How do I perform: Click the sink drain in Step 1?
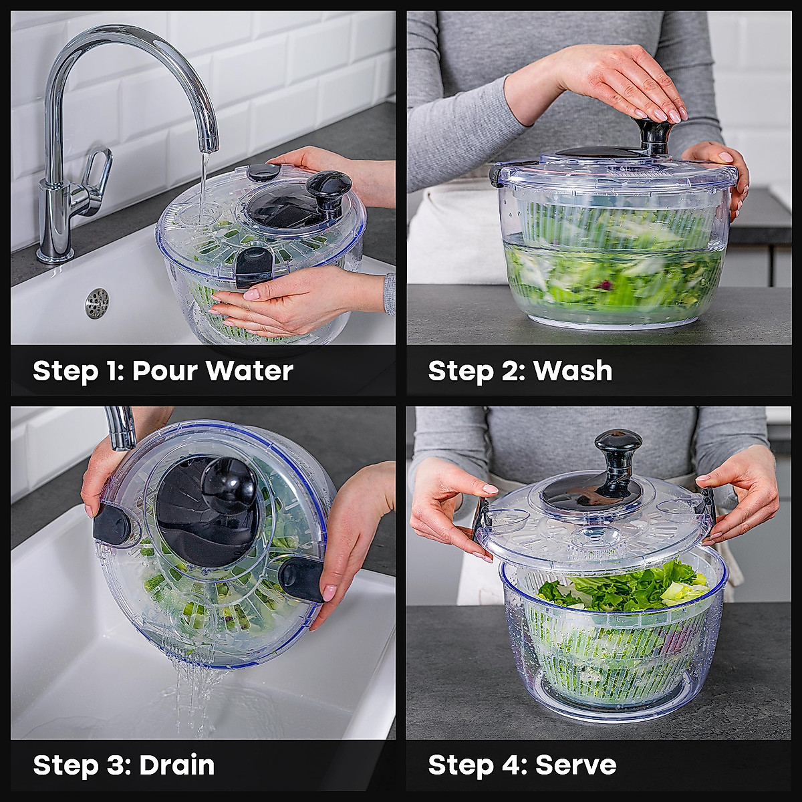(x=97, y=303)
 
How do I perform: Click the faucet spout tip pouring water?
(x=209, y=143)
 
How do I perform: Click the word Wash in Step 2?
(x=573, y=370)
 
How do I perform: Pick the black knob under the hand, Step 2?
(x=654, y=134)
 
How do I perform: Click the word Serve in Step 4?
(x=575, y=765)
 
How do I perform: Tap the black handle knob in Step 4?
(x=618, y=446)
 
